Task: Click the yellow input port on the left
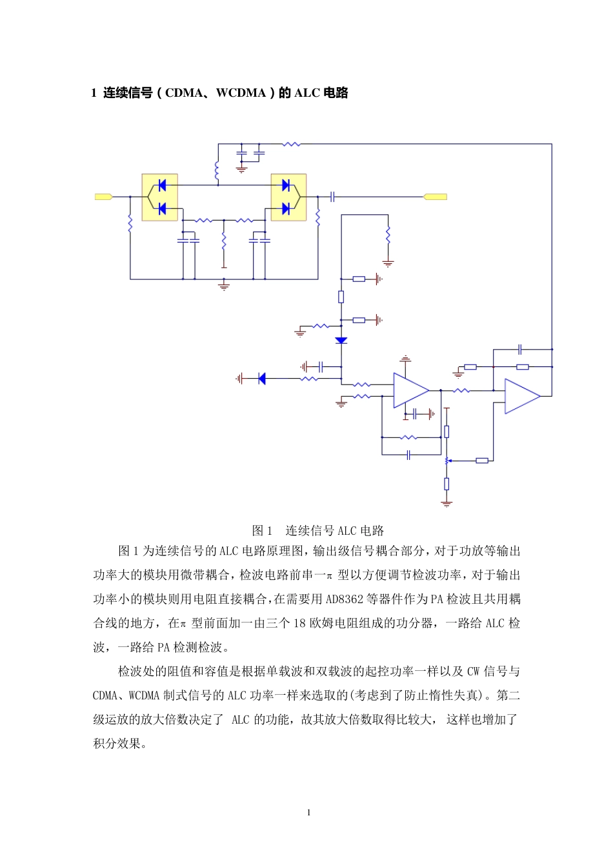point(103,197)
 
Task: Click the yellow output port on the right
point(436,197)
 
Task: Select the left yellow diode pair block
point(159,197)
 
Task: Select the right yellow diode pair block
point(288,197)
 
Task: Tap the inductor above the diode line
point(217,171)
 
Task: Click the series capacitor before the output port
point(332,197)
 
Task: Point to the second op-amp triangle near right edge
point(521,396)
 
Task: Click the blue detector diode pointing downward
point(341,340)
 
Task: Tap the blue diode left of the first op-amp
point(262,379)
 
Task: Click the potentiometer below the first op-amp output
point(447,461)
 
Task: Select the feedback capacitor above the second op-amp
point(520,350)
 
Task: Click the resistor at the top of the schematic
point(291,144)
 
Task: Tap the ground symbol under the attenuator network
point(224,286)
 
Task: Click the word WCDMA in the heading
point(241,93)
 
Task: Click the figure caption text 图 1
point(262,530)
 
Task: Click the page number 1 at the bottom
point(308,812)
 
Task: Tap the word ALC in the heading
point(307,93)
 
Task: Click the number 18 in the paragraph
point(300,623)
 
